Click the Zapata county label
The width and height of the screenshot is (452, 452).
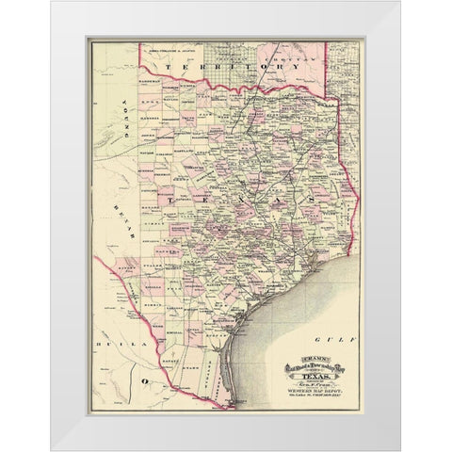click(x=182, y=363)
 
